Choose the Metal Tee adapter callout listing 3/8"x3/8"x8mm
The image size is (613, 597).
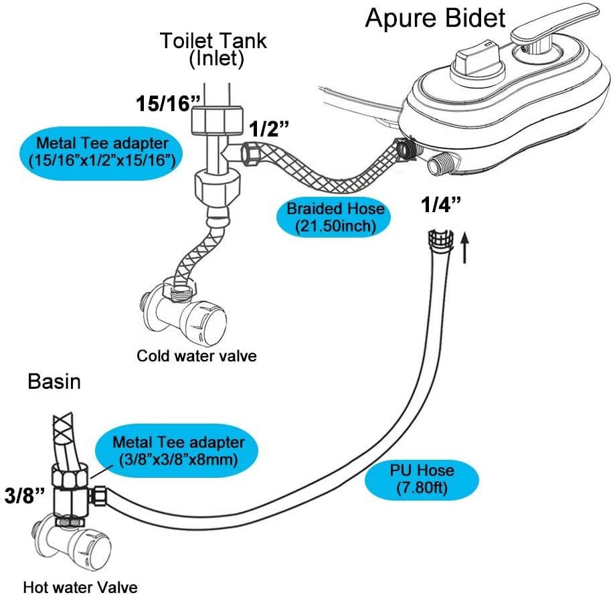[178, 452]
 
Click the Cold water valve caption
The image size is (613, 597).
[196, 355]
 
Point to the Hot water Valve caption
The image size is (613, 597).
[80, 587]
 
